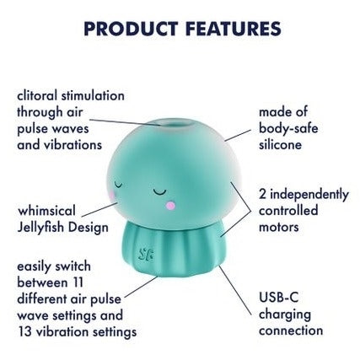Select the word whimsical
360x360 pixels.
(46, 210)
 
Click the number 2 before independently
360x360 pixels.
(262, 195)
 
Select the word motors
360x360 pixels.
(279, 227)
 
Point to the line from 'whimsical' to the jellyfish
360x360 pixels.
(105, 206)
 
